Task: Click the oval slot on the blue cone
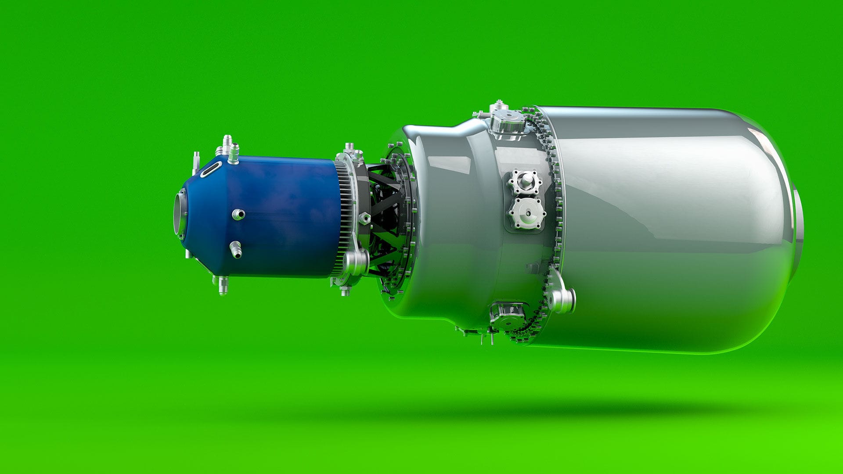211,169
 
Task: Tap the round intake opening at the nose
180,215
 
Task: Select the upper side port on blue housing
238,214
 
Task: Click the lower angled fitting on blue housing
236,249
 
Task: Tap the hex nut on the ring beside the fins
364,218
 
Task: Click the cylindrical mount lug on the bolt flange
564,300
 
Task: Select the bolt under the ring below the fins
345,290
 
